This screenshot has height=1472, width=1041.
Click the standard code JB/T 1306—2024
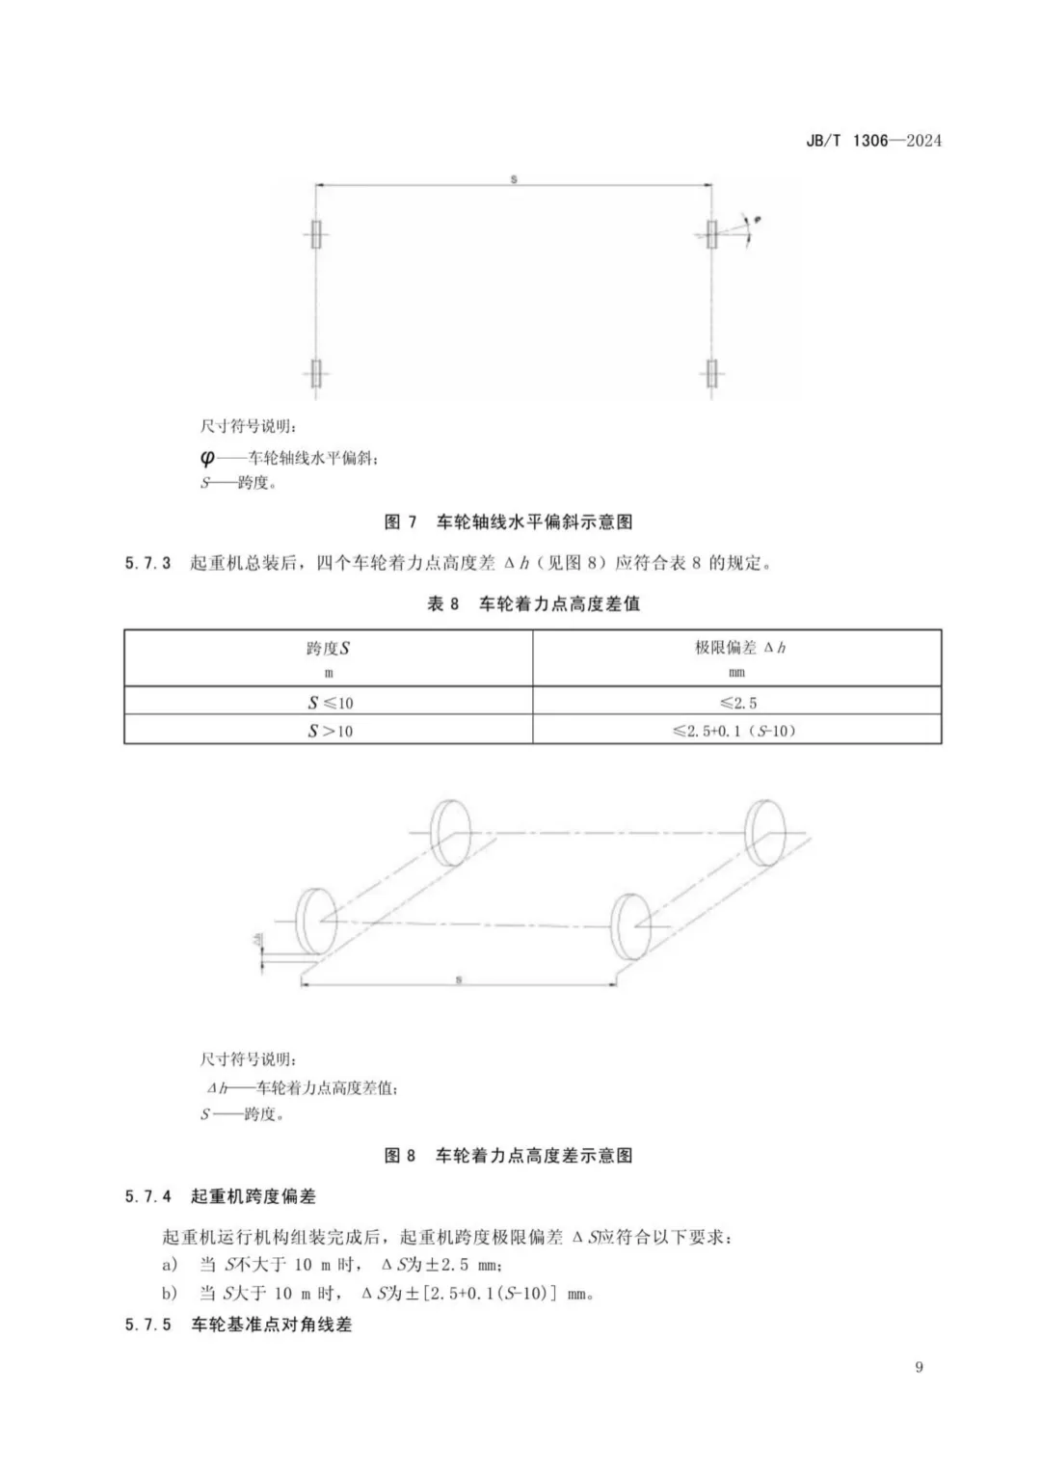[x=873, y=141]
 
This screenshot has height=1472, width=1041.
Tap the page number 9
[x=919, y=1367]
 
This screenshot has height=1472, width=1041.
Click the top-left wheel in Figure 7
[x=316, y=234]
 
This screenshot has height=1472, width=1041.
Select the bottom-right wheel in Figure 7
[x=712, y=373]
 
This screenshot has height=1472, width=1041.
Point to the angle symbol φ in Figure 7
[x=759, y=221]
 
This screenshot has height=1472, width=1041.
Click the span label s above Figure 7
[x=514, y=179]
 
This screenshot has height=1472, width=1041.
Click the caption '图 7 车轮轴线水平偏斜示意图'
[x=508, y=522]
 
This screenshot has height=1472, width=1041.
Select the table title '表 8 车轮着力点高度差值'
[x=533, y=604]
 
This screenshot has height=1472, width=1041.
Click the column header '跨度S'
[x=329, y=649]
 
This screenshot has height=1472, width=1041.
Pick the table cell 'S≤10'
[x=330, y=703]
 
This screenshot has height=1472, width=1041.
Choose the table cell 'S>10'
[x=330, y=732]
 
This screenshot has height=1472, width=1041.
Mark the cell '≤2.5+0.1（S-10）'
[x=735, y=732]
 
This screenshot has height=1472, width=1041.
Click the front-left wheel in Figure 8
[x=315, y=923]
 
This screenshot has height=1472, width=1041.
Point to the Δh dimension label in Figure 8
[x=257, y=939]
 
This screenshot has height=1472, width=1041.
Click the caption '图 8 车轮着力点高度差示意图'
[x=508, y=1156]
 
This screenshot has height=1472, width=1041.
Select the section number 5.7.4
[x=147, y=1197]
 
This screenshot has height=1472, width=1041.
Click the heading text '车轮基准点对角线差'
[x=272, y=1325]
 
